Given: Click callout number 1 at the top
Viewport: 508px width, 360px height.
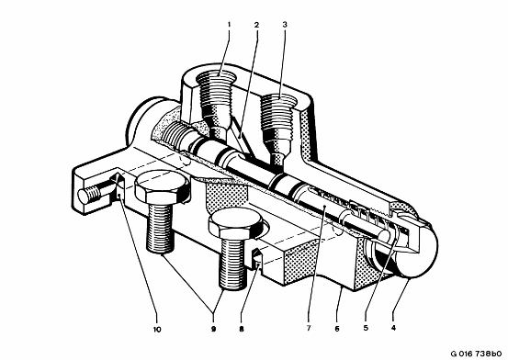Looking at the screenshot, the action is point(229,24).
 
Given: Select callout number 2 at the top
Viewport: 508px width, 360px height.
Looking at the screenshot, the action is point(256,24).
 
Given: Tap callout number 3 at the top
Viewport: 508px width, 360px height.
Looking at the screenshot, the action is point(285,24).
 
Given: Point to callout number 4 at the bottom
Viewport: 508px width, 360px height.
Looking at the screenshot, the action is point(394,328).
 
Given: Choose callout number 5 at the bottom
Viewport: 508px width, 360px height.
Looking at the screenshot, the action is point(366,328).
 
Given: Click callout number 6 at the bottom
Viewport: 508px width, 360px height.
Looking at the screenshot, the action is point(337,329).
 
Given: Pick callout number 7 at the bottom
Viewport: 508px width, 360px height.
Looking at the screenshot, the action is point(309,328).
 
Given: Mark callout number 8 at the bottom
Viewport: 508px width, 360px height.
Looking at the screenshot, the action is point(242,329).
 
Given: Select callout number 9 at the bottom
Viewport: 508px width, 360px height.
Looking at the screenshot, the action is point(213,329).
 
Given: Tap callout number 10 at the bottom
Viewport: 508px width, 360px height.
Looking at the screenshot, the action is point(157,329).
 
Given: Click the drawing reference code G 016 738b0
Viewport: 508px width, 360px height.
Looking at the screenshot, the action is point(477,354).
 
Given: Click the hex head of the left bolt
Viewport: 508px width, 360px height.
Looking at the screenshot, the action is point(162,187).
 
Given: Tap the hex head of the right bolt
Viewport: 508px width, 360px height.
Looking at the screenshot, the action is point(235,223).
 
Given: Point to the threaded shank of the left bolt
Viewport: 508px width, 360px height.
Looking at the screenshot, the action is point(161,229).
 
